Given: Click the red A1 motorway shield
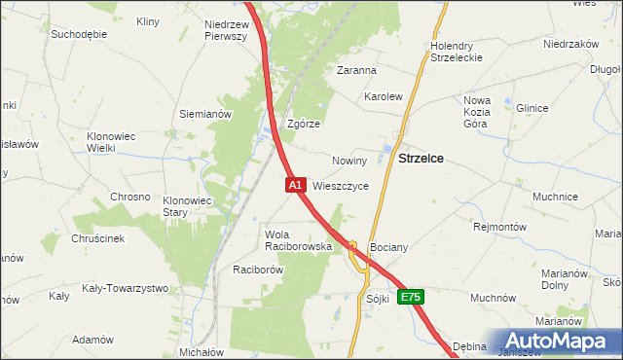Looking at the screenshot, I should pyautogui.click(x=296, y=184).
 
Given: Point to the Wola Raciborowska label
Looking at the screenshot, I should pyautogui.click(x=300, y=241).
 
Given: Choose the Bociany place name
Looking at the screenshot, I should pyautogui.click(x=388, y=248).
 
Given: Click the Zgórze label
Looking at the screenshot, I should pyautogui.click(x=304, y=125).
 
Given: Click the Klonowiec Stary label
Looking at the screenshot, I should pyautogui.click(x=187, y=206).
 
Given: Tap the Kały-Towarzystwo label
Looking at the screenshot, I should pyautogui.click(x=125, y=288).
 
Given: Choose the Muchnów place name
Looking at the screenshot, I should pyautogui.click(x=493, y=298).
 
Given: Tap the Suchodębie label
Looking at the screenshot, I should pyautogui.click(x=79, y=33).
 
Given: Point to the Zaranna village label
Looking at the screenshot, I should pyautogui.click(x=356, y=70).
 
